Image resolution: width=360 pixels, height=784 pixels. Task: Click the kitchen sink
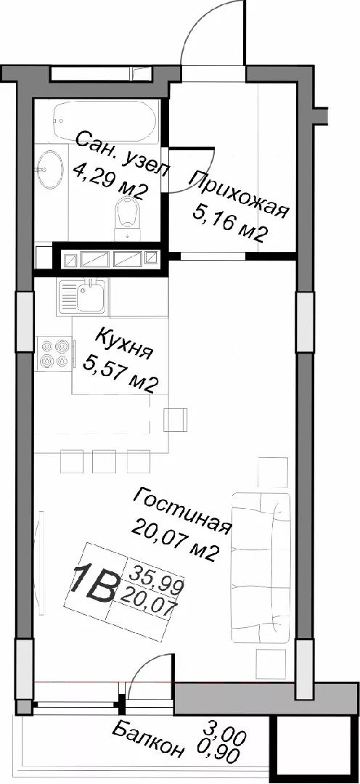(x=83, y=297)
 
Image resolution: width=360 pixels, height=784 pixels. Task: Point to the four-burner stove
(x=54, y=353)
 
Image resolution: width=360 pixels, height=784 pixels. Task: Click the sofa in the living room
(x=261, y=567)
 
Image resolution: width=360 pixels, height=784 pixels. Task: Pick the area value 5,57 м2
(x=121, y=375)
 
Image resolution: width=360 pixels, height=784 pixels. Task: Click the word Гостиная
(x=182, y=510)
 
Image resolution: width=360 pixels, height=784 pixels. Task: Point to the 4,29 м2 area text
(x=110, y=179)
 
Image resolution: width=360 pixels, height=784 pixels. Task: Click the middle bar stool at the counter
(x=104, y=461)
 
